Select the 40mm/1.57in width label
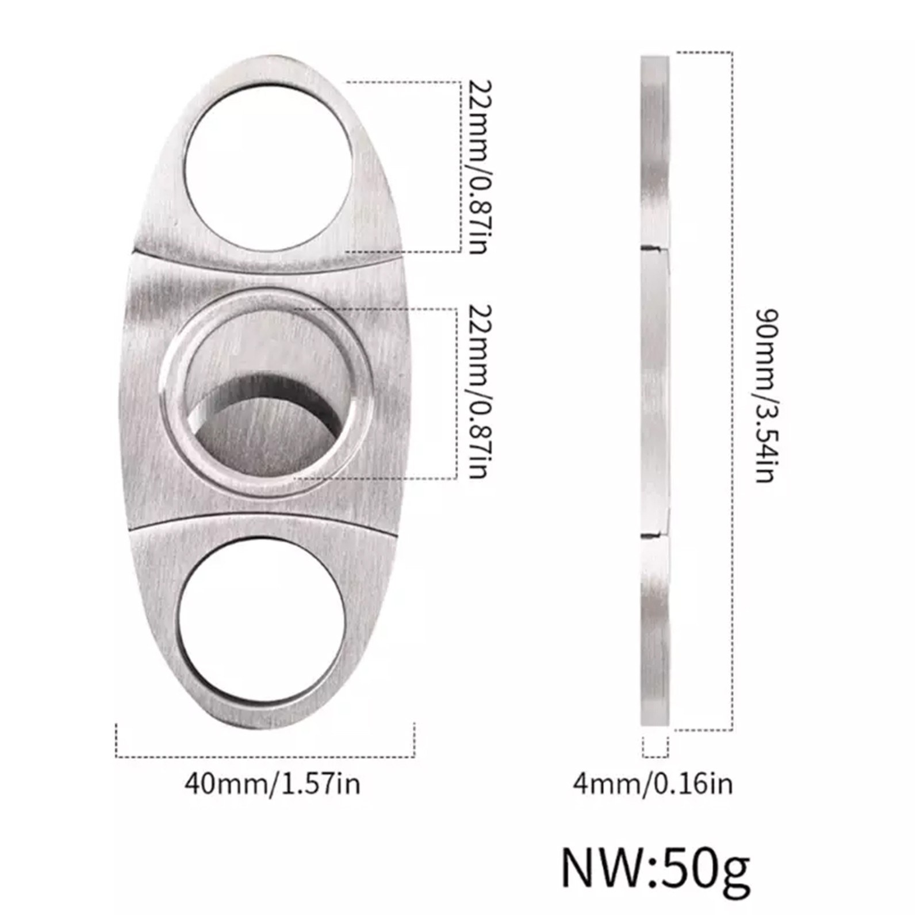[x=273, y=784]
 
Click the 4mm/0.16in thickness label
[x=653, y=784]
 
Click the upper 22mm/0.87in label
[x=480, y=167]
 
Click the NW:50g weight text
[x=655, y=868]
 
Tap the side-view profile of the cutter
[x=655, y=391]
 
